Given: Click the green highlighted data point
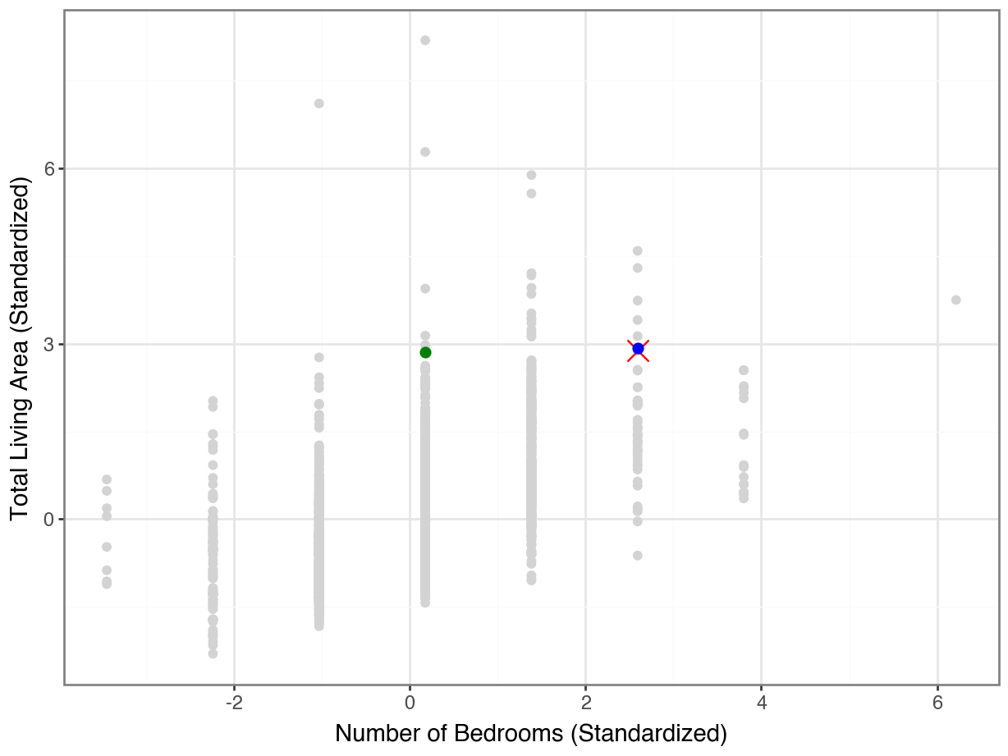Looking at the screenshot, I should click(x=425, y=352).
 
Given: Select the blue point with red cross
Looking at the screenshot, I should click(x=638, y=349).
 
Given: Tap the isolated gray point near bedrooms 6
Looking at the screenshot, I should click(x=955, y=300).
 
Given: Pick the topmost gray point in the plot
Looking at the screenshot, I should click(x=425, y=40).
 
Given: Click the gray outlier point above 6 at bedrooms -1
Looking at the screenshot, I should click(x=319, y=103).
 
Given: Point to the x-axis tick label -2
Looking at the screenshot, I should click(x=234, y=703).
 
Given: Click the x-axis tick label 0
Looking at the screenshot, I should click(x=410, y=703).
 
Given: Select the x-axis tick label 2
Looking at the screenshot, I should click(x=585, y=703).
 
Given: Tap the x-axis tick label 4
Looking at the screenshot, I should click(x=761, y=703).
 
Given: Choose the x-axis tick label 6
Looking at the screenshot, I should click(x=937, y=703).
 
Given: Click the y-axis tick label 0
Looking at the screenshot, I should click(x=48, y=520).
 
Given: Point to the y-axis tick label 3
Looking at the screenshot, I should click(x=48, y=344).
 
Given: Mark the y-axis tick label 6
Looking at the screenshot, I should click(x=48, y=168).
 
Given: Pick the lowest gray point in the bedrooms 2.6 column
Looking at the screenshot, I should click(x=637, y=556).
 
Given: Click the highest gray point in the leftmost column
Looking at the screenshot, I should click(x=107, y=479).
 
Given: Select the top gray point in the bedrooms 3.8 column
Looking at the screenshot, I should click(x=744, y=370).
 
